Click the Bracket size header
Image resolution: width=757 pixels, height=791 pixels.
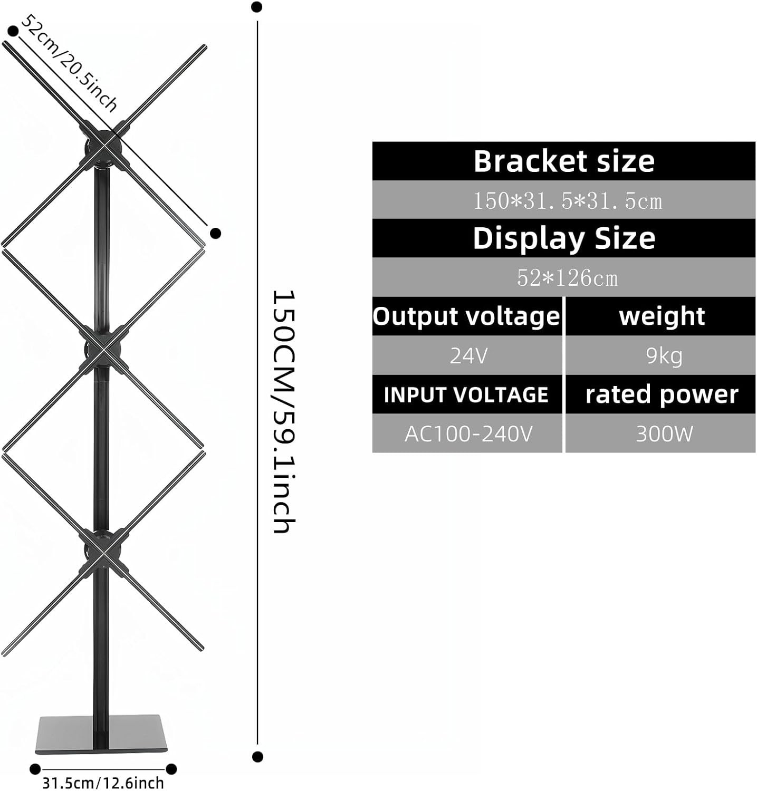pos(563,161)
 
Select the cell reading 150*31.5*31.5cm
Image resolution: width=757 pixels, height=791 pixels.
pos(563,200)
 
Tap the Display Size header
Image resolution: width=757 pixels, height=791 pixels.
pos(563,238)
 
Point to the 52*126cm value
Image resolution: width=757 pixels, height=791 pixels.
pos(563,277)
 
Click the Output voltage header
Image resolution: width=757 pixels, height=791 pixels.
pos(467,316)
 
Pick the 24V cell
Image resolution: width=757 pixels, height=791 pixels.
pos(467,355)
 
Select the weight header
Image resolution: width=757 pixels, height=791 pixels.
pos(661,316)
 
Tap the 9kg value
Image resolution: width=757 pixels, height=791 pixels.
pos(661,355)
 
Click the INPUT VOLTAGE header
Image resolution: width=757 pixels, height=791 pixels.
pos(467,394)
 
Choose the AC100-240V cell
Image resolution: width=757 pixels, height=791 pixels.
pos(467,433)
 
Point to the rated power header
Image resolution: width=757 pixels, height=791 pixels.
pos(661,394)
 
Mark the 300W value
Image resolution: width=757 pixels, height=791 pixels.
pos(661,433)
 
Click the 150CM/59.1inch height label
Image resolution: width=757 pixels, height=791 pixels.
pos(284,412)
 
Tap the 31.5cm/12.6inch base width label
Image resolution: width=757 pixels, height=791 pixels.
pos(103,783)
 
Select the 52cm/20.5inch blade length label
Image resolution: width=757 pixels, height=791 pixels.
pos(69,64)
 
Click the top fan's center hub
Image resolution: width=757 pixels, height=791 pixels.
pos(102,145)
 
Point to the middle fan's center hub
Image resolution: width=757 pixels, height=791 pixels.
pos(102,349)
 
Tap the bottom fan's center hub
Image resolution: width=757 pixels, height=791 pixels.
pos(102,552)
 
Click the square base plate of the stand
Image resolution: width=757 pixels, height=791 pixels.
pos(101,734)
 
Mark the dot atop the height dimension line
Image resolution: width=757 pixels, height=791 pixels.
pos(257,7)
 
